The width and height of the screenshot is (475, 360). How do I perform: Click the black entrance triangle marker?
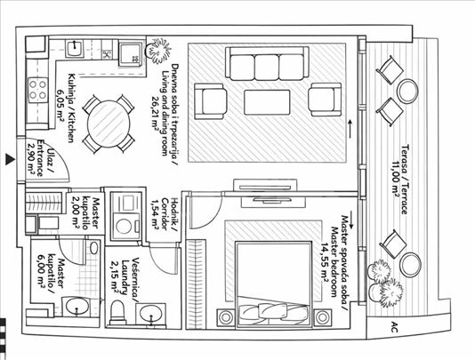pyautogui.click(x=10, y=160)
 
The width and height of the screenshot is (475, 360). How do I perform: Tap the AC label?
pyautogui.click(x=394, y=327)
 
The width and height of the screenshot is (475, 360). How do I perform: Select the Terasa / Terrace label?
pyautogui.click(x=405, y=180)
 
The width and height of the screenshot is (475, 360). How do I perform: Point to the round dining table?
pyautogui.click(x=109, y=124)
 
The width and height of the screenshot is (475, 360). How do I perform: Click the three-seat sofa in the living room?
pyautogui.click(x=267, y=63)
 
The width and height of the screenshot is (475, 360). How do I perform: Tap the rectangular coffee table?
pyautogui.click(x=267, y=102)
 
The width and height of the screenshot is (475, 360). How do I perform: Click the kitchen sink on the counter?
pyautogui.click(x=75, y=48)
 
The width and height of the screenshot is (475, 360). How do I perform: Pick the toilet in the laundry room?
pyautogui.click(x=117, y=312)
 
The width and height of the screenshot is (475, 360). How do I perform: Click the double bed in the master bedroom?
pyautogui.click(x=274, y=284)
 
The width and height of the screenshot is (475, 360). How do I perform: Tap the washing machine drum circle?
pyautogui.click(x=124, y=226)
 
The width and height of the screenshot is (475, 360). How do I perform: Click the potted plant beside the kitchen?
pyautogui.click(x=157, y=51)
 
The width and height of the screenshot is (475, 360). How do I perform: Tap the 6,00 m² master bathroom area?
pyautogui.click(x=42, y=272)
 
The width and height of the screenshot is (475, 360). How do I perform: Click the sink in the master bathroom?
pyautogui.click(x=76, y=306)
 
